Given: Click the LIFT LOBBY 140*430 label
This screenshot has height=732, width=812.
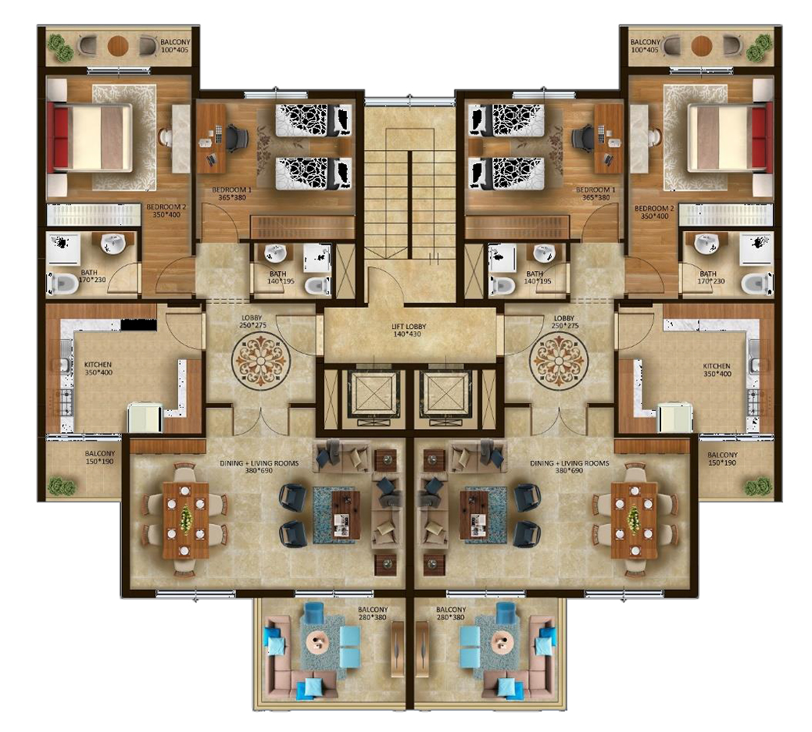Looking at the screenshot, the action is click(x=409, y=330).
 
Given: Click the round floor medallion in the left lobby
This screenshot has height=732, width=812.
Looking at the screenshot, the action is click(x=260, y=360).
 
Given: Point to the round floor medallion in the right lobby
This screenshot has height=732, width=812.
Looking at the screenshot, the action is click(x=560, y=360).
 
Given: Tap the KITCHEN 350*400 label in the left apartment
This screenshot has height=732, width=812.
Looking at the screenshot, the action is click(x=98, y=369).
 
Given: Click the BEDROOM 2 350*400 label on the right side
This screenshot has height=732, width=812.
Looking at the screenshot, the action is click(x=655, y=212).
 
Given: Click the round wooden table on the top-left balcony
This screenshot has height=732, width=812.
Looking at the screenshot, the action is click(x=117, y=45).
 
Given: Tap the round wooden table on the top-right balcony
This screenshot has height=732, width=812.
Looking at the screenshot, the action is click(x=701, y=45).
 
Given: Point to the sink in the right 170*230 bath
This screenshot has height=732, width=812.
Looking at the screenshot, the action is click(x=706, y=243).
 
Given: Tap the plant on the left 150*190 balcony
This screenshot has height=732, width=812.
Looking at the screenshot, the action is click(x=62, y=487).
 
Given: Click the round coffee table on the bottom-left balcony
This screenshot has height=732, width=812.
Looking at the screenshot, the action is click(x=317, y=642).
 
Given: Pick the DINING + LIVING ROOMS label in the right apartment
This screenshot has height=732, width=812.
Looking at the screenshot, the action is click(x=570, y=467).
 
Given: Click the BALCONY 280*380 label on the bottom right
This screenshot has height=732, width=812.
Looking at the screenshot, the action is click(x=450, y=613).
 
